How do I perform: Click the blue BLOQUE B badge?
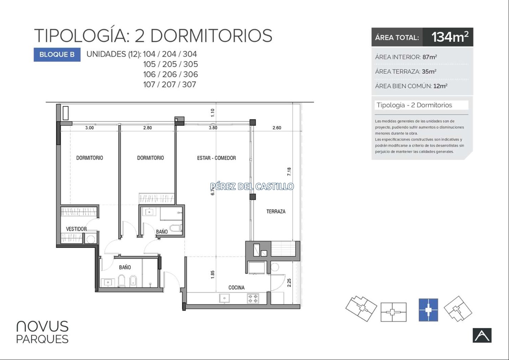point(57,55)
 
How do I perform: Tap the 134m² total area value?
point(450,37)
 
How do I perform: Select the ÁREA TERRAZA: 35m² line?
point(406,71)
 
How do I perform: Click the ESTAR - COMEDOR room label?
point(216,158)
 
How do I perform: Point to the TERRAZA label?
point(276,211)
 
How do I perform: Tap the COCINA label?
point(237,288)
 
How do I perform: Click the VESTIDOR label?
point(76,229)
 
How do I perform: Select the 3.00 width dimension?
point(89,128)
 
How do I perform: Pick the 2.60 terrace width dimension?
point(277,128)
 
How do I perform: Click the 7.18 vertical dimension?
point(289,171)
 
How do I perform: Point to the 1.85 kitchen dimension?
point(212,274)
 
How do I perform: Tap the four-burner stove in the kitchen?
point(253,299)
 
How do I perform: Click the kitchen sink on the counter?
point(224,298)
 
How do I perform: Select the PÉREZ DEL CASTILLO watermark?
point(252,186)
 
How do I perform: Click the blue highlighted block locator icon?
point(429,310)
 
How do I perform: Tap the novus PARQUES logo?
point(42,332)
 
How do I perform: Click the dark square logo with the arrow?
point(482,335)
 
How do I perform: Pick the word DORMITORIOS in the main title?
point(211,36)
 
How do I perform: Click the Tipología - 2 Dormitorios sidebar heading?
point(414,105)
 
